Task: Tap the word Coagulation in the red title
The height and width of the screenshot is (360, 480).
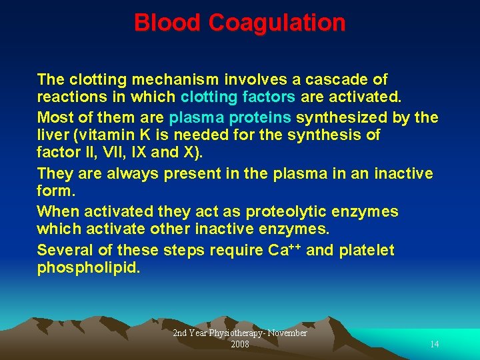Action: point(277,23)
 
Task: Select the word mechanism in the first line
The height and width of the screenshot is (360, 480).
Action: point(173,80)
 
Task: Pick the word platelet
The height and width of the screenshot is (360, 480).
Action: point(367,251)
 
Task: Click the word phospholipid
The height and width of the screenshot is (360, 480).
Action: point(88,268)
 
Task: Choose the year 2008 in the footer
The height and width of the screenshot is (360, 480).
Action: point(240,345)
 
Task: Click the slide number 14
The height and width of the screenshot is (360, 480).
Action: point(435,345)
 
